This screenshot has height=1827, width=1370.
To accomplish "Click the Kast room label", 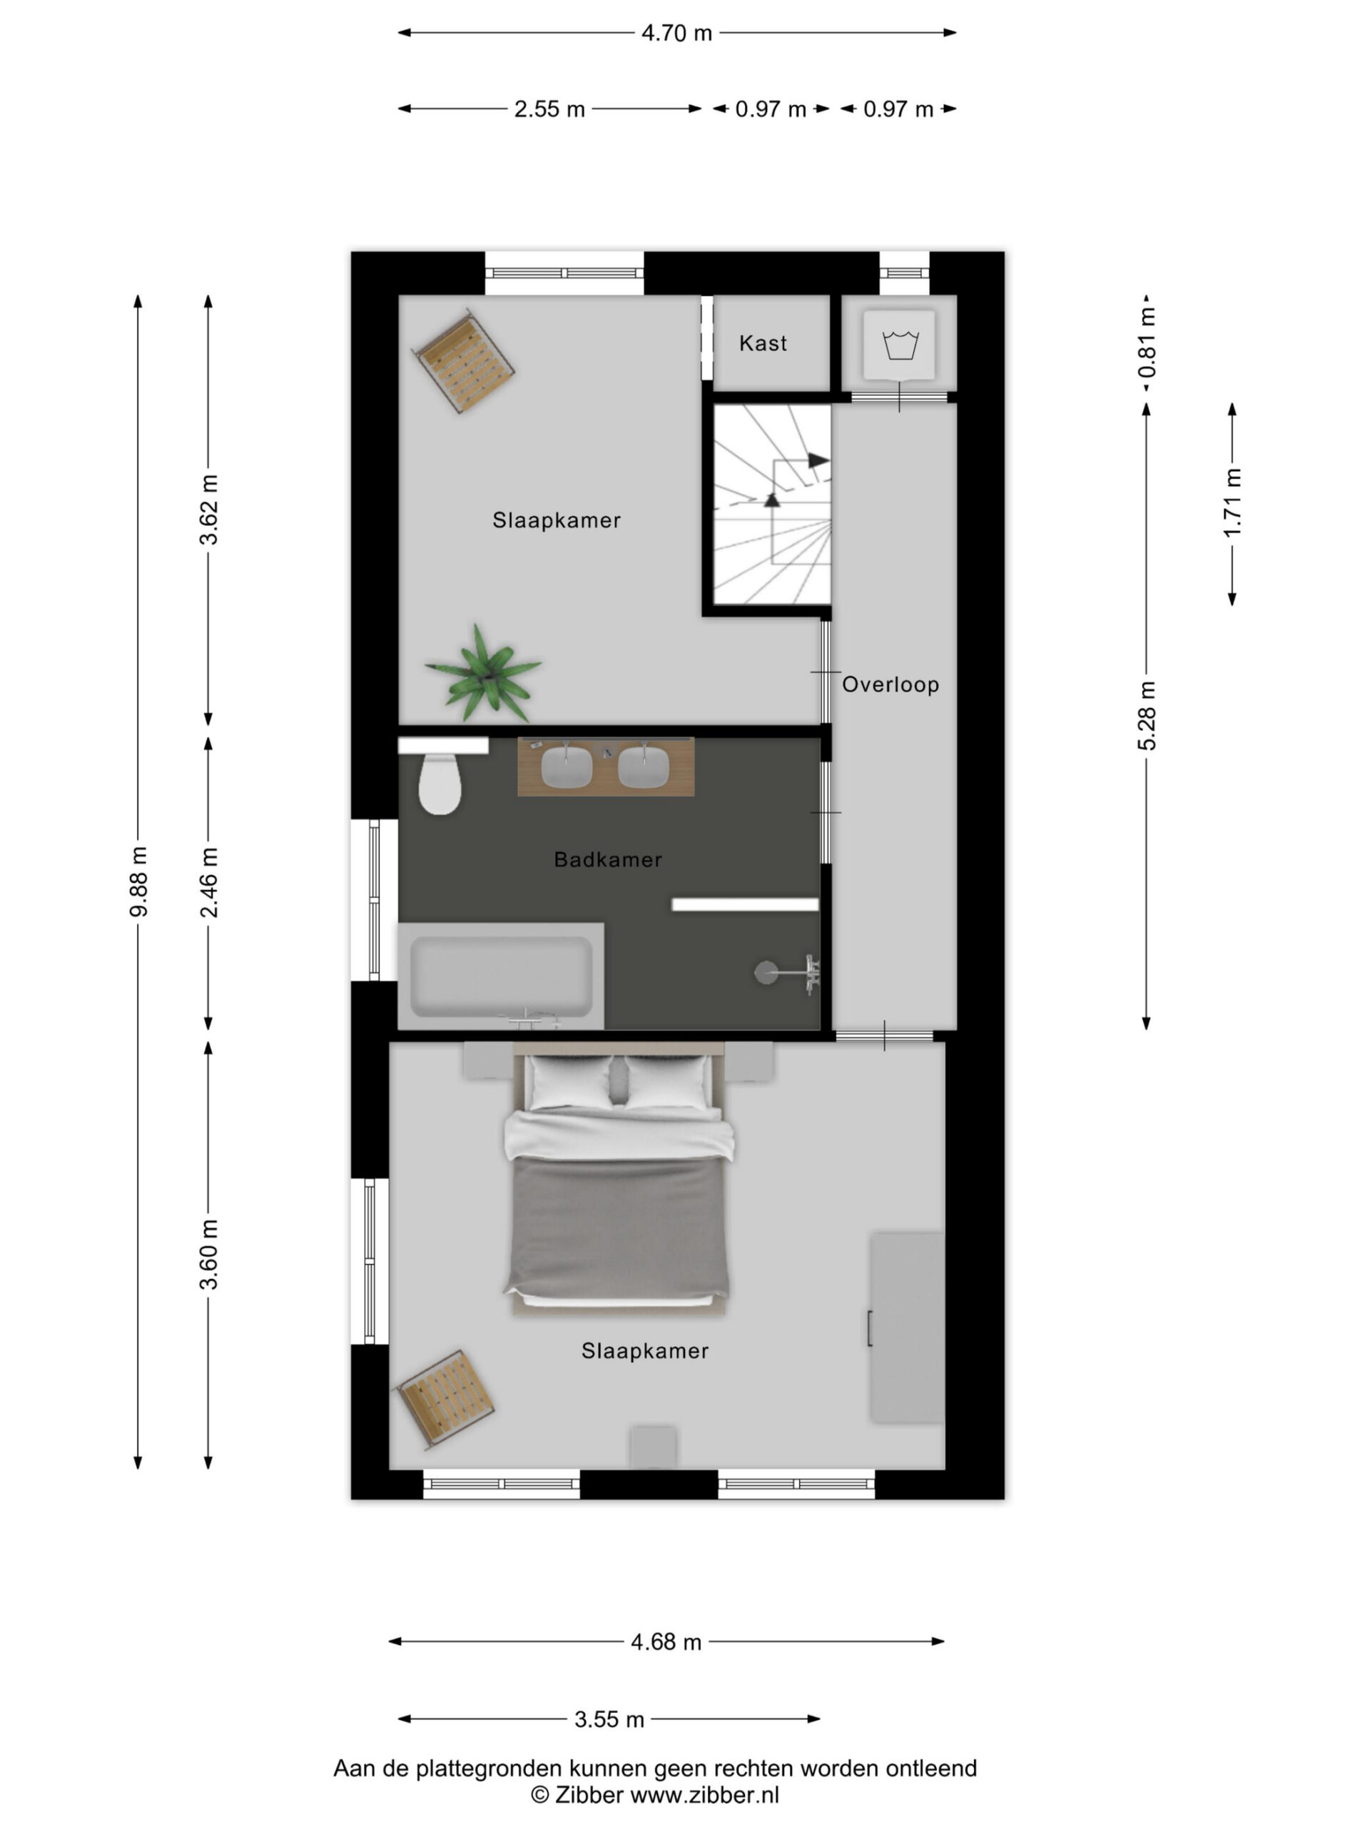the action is pos(762,343).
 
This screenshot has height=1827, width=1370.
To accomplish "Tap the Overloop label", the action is pos(890,684).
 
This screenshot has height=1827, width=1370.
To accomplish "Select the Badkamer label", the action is pos(608,860).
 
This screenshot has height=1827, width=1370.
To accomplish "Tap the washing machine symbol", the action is pos(899,345).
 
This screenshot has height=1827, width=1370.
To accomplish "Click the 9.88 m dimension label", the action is pos(138,881).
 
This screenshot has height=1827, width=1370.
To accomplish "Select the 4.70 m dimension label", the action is pos(676,33).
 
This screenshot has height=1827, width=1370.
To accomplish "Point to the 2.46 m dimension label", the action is pos(209,882).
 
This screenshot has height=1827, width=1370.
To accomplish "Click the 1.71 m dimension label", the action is pos(1232,502).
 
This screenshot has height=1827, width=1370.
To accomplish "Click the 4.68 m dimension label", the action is pos(666,1642).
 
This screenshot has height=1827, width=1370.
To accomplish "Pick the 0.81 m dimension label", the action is pos(1147,342).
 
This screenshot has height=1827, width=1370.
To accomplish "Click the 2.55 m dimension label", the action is pos(549,109).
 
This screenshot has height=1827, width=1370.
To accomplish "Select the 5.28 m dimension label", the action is pos(1147,716).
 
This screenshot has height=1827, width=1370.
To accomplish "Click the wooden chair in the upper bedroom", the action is pos(463,360).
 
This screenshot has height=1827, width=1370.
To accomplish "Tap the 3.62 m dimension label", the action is pos(209,510).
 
